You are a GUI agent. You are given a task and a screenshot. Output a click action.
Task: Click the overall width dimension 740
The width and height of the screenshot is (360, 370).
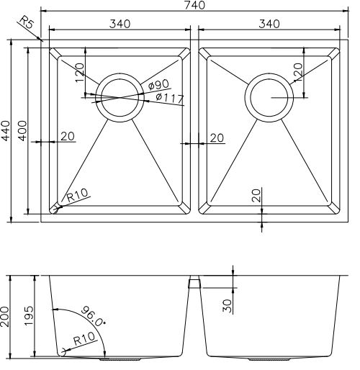[x=194, y=6]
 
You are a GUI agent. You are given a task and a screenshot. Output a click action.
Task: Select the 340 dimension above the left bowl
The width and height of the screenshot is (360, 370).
[x=120, y=24]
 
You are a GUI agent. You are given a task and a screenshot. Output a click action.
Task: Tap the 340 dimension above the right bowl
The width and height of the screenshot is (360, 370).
[x=267, y=24]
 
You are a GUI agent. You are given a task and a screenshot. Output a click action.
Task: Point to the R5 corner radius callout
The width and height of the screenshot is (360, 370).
[x=28, y=27]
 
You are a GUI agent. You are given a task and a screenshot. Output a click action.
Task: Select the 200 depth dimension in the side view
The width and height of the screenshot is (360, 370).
[x=7, y=317]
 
